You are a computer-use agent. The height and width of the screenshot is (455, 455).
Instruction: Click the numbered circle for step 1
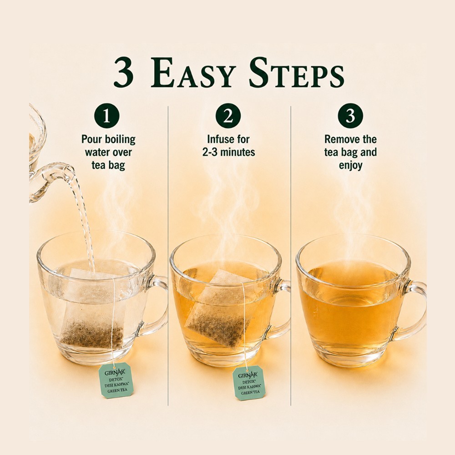click(x=107, y=116)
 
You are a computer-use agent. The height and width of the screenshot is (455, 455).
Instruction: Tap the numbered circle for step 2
click(x=228, y=116)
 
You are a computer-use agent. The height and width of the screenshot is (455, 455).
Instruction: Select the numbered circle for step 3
click(x=350, y=116)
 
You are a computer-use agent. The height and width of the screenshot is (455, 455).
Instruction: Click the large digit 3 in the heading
click(x=124, y=72)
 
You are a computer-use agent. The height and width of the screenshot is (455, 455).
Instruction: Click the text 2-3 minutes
click(x=228, y=152)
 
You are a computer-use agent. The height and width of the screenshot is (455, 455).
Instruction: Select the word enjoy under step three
click(x=350, y=166)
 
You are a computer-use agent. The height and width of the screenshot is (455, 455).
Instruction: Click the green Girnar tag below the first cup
click(x=116, y=380)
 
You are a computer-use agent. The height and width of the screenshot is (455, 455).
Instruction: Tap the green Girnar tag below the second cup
click(x=250, y=383)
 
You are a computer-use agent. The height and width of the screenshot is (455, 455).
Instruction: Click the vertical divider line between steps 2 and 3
click(x=291, y=255)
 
